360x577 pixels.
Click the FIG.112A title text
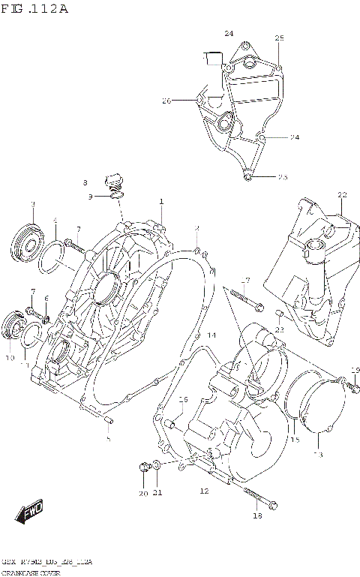coord(35,9)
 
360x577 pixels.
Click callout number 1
coord(160,201)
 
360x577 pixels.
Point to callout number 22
coord(342,195)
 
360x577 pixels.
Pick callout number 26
coord(166,101)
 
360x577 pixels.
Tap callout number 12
coord(203,491)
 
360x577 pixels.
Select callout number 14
coord(211,335)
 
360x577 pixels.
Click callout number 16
coord(182,398)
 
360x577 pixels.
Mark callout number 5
coord(108,438)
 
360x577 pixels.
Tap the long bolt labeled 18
coord(250,496)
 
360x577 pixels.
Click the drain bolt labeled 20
coord(142,469)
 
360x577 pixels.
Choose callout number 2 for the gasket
coord(196,228)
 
